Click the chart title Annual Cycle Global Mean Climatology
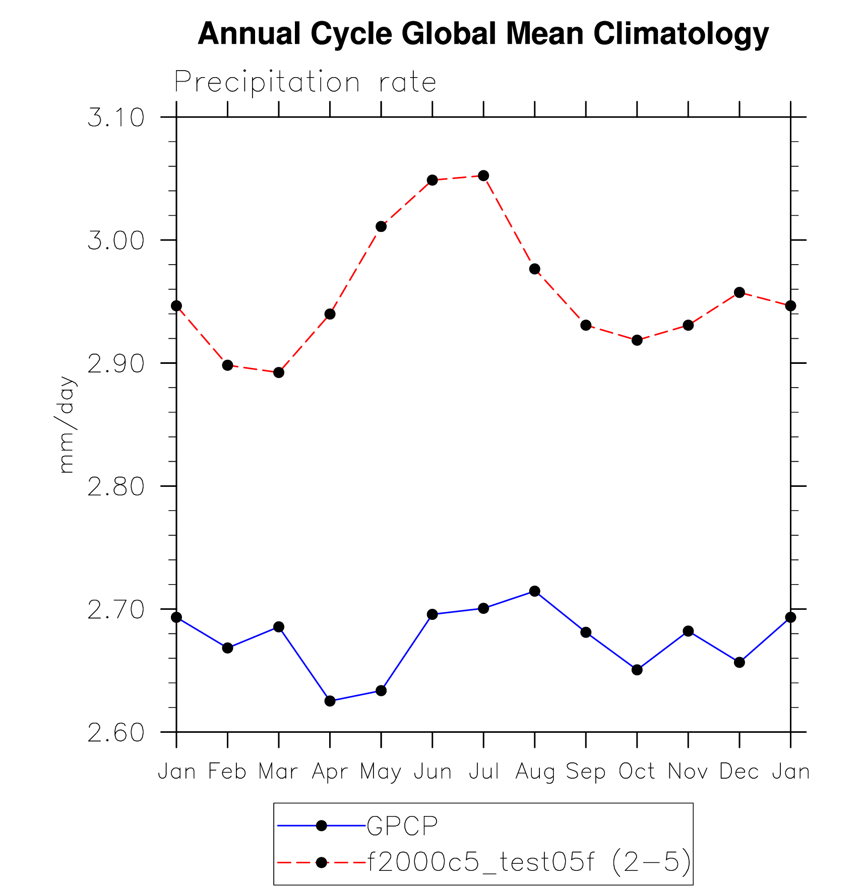click(483, 34)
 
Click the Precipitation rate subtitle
click(305, 82)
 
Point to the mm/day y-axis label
click(67, 424)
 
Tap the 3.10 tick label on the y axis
click(116, 118)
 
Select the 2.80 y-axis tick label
click(116, 487)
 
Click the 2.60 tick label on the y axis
click(116, 733)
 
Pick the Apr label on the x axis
click(330, 772)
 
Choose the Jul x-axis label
click(483, 772)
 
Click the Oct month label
click(637, 772)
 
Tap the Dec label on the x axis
click(739, 772)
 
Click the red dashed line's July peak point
click(483, 175)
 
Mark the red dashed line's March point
click(279, 372)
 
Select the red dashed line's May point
click(381, 226)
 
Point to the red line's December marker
click(740, 292)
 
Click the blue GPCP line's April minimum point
click(330, 701)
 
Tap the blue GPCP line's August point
click(535, 591)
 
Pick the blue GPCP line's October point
click(637, 670)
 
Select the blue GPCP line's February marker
click(227, 648)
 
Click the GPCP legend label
click(402, 826)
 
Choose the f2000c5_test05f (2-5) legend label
click(529, 862)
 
